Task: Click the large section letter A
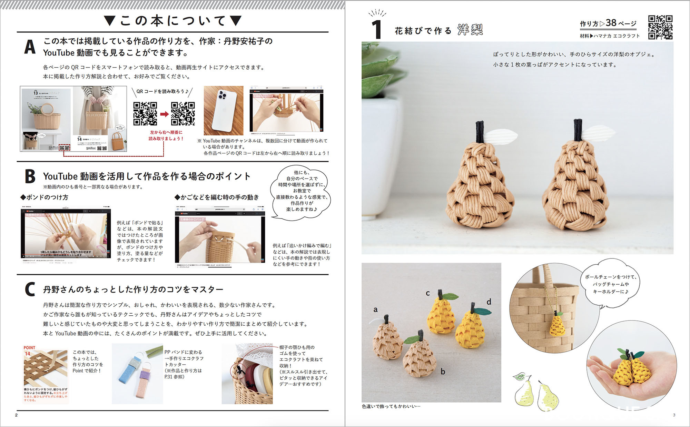tap(30, 47)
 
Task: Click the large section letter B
tap(30, 176)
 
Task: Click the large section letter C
tap(30, 289)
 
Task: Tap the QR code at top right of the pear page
tap(660, 27)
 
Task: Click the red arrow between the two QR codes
tap(165, 114)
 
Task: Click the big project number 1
tap(377, 30)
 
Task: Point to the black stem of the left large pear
tap(480, 132)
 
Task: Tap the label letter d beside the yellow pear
tap(489, 302)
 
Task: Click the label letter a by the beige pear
tap(375, 309)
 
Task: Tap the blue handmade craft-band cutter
tap(127, 379)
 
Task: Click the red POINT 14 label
tap(29, 350)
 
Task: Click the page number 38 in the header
tap(611, 23)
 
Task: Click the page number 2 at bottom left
tap(16, 415)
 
